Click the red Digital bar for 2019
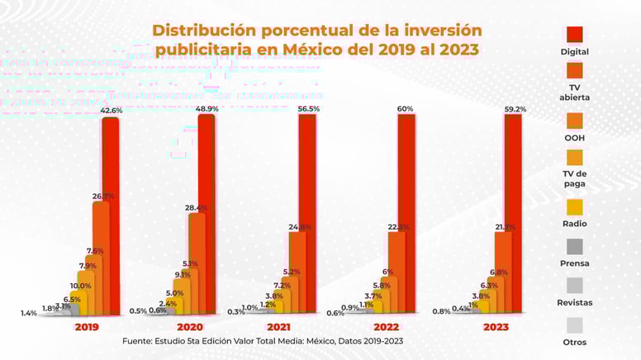110,215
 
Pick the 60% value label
406,109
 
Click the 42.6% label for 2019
112,110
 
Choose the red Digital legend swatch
575,34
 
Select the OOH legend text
575,138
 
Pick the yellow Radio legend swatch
575,206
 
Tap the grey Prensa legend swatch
575,246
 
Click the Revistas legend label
575,302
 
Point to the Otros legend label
575,342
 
